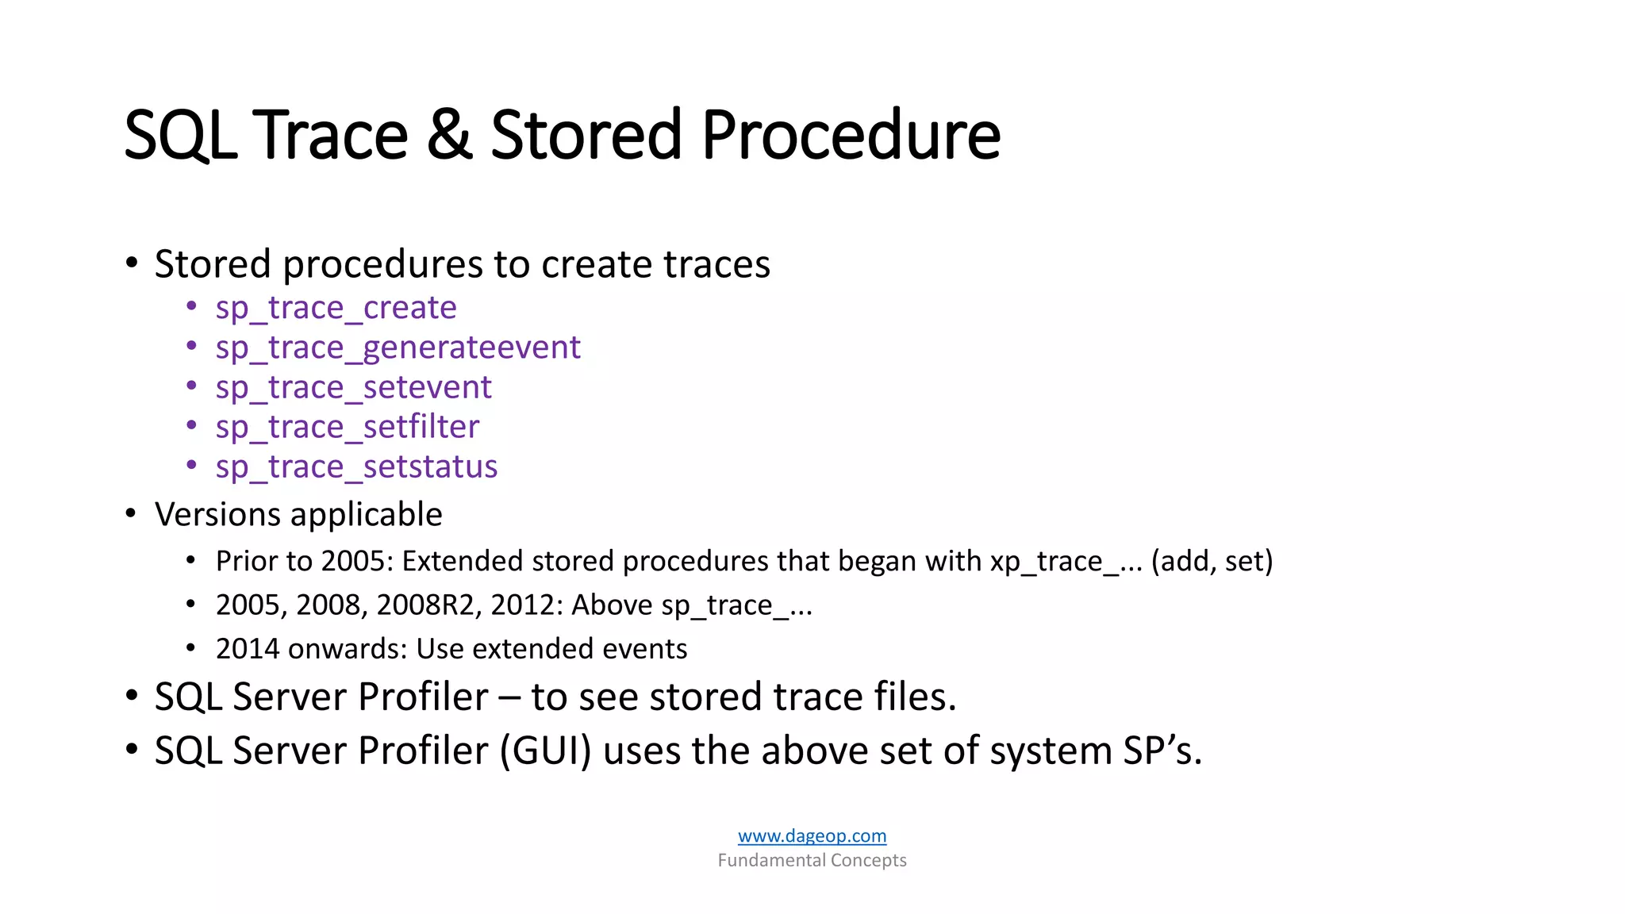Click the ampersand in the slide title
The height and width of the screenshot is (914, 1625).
coord(449,135)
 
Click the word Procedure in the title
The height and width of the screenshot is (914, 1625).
coord(851,135)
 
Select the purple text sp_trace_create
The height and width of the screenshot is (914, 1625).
coord(336,308)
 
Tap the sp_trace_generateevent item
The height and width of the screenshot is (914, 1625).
coord(398,348)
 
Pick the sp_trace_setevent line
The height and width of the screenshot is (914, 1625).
coord(353,387)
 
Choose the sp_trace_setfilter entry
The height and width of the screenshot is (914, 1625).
coord(347,427)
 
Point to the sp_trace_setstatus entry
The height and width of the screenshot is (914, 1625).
coord(356,467)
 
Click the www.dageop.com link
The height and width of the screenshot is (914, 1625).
coord(812,835)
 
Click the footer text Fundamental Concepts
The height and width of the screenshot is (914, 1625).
coord(812,860)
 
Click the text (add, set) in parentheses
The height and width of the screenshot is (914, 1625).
coord(1212,561)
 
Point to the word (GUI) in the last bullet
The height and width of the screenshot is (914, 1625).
coord(546,751)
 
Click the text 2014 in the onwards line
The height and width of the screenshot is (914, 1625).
coord(246,649)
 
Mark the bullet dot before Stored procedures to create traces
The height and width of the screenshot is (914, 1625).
coord(132,263)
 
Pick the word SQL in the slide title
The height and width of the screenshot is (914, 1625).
coord(180,135)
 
